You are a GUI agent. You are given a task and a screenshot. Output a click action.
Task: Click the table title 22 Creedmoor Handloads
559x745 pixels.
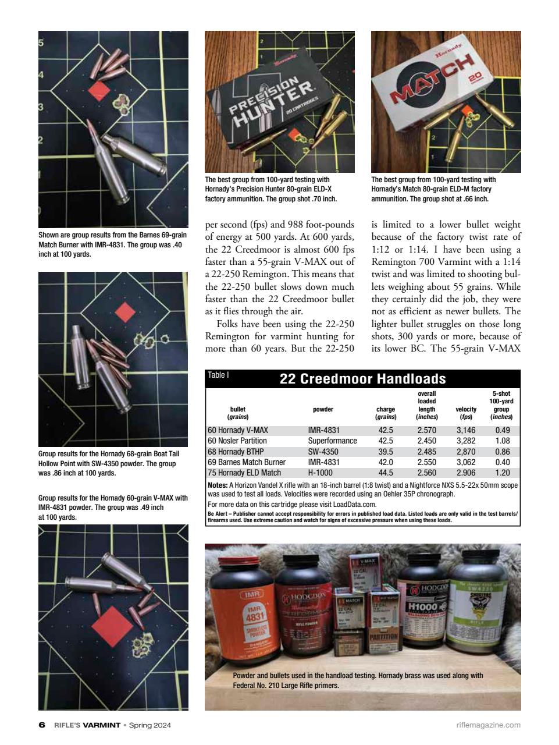[362, 379]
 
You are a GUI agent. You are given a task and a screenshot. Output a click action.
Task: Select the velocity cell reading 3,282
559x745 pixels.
[465, 441]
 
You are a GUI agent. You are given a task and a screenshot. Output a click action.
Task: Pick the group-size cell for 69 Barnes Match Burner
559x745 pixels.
[502, 462]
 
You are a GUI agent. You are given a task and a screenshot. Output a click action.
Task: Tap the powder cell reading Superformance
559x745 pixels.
[332, 441]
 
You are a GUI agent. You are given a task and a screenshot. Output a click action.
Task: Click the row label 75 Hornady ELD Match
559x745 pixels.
[244, 473]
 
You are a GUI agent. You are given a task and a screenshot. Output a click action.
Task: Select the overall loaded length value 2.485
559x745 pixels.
[427, 452]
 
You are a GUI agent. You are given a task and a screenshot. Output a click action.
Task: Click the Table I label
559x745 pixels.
[219, 375]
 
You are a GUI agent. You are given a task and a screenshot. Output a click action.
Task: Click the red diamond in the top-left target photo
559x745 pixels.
[99, 92]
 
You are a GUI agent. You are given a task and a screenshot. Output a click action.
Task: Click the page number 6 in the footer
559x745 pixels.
[41, 725]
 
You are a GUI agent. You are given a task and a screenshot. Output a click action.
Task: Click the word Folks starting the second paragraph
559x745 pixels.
[227, 324]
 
